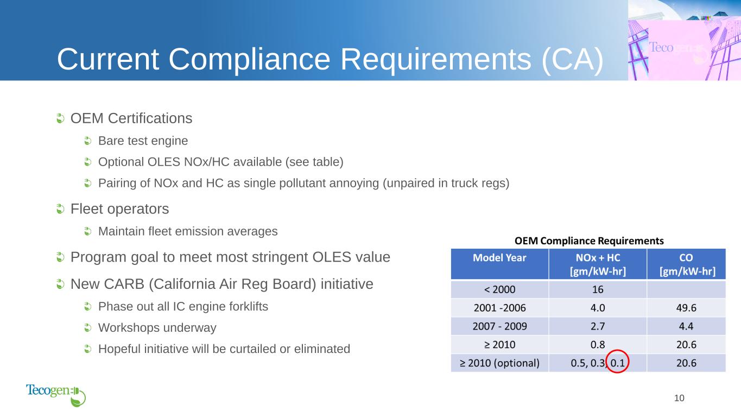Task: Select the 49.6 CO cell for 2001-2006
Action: pyautogui.click(x=686, y=308)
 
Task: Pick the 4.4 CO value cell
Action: pyautogui.click(x=686, y=326)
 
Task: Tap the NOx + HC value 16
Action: pyautogui.click(x=598, y=289)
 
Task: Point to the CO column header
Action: pyautogui.click(x=686, y=264)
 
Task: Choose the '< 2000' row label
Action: pyautogui.click(x=499, y=289)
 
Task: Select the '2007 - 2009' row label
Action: pyautogui.click(x=499, y=326)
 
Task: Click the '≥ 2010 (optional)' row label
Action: pyautogui.click(x=499, y=363)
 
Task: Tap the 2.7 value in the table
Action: pyautogui.click(x=598, y=326)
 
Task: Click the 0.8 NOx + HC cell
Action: pyautogui.click(x=598, y=345)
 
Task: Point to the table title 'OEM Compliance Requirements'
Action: pyautogui.click(x=589, y=241)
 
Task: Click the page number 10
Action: pyautogui.click(x=679, y=398)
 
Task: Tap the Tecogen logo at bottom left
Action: pyautogui.click(x=56, y=395)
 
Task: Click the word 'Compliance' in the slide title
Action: pyautogui.click(x=249, y=60)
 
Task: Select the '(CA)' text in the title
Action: pyautogui.click(x=573, y=60)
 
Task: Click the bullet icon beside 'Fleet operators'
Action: pyautogui.click(x=60, y=209)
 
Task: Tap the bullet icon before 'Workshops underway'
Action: pyautogui.click(x=87, y=327)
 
